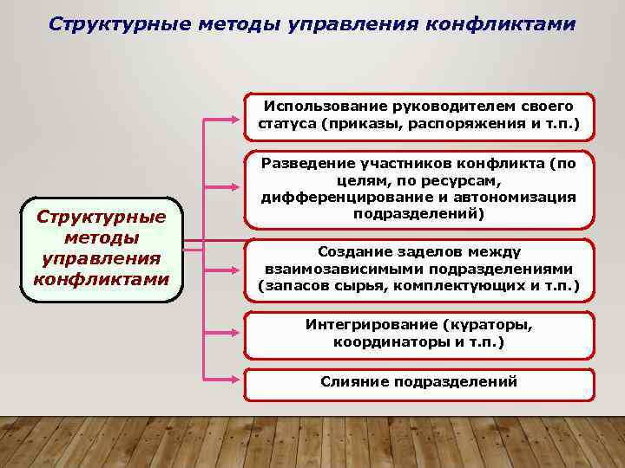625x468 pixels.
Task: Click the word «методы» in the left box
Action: tap(101, 237)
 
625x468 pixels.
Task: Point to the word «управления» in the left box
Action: tap(101, 258)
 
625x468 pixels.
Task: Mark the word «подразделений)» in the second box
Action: tap(418, 213)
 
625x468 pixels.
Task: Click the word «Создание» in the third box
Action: tap(352, 251)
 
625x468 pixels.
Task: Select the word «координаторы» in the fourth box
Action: tap(387, 341)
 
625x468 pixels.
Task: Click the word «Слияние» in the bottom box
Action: tap(353, 381)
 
